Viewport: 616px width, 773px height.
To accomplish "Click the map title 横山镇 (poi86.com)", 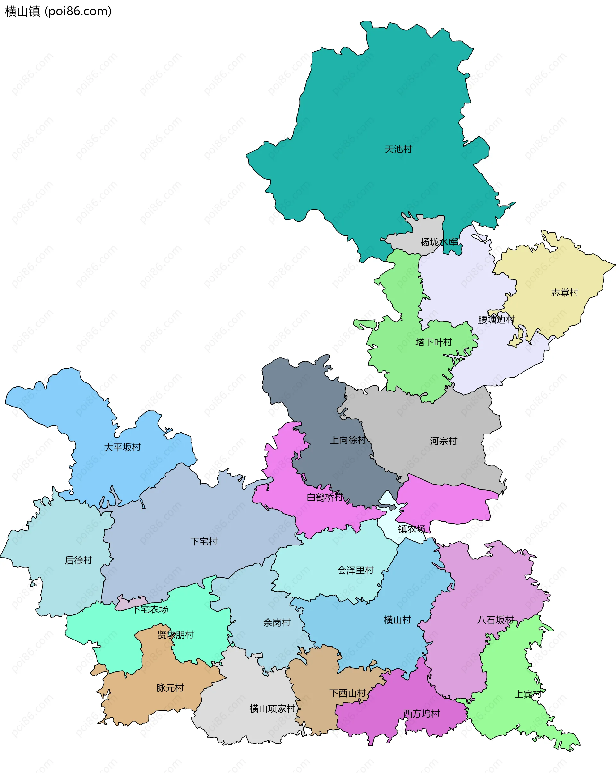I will [58, 12].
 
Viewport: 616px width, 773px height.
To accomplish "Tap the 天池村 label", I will [398, 149].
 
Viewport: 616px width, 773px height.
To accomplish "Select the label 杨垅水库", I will [439, 242].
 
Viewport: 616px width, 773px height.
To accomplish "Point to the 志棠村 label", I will [564, 293].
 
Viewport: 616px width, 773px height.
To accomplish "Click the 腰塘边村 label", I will [496, 320].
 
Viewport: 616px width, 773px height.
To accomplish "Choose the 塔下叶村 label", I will [433, 342].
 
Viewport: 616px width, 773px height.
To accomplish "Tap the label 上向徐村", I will [348, 440].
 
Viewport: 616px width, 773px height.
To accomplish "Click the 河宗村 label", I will [443, 441].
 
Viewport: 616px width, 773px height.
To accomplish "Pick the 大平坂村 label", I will [122, 447].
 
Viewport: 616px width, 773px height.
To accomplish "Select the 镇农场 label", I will [412, 529].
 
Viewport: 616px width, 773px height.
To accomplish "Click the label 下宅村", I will [204, 541].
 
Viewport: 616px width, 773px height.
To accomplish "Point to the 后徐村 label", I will [79, 560].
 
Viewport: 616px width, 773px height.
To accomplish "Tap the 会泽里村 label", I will [355, 570].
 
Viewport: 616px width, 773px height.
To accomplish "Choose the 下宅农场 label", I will [150, 609].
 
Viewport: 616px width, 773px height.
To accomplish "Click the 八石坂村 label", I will [495, 620].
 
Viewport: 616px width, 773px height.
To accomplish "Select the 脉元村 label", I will [170, 688].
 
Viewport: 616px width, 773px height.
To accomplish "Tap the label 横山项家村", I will [272, 709].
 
